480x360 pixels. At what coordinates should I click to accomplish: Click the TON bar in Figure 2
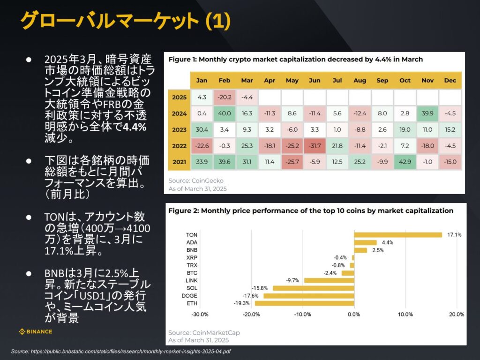(x=398, y=235)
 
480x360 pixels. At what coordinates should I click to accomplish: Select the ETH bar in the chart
(x=304, y=303)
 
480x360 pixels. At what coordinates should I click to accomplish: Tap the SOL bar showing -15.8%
(x=314, y=288)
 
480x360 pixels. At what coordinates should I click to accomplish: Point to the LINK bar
(x=329, y=280)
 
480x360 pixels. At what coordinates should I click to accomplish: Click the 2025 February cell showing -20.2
(x=225, y=97)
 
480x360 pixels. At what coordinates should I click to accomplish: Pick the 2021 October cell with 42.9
(x=405, y=162)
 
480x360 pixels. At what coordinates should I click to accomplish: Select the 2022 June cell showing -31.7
(x=315, y=146)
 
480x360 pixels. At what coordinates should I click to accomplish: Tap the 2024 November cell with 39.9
(x=427, y=113)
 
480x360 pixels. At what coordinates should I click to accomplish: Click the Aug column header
(x=360, y=81)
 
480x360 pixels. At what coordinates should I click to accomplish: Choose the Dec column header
(x=450, y=81)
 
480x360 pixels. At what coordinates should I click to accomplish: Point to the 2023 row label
(x=179, y=129)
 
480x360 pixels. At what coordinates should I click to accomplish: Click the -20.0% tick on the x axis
(x=251, y=315)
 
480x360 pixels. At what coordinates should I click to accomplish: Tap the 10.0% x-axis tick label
(x=405, y=315)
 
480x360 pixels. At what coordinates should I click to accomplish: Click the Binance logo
(x=35, y=331)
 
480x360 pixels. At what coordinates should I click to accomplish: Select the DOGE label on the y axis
(x=189, y=296)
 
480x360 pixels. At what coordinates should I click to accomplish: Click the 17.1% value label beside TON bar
(x=454, y=235)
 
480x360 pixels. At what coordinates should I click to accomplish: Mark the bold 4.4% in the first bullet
(x=135, y=127)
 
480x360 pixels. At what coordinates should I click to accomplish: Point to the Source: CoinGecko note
(x=196, y=180)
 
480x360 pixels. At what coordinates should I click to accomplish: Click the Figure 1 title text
(x=295, y=60)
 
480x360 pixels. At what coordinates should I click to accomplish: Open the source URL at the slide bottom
(x=121, y=352)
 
